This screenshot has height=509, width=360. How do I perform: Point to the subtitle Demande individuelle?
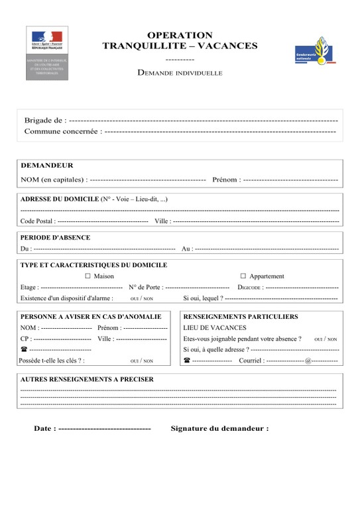pos(180,72)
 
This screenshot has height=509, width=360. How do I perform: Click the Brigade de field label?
pos(44,121)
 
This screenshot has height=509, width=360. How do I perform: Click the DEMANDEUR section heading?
pos(47,166)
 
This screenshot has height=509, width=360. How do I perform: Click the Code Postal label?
pos(37,221)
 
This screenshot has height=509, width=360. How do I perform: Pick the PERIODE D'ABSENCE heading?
pos(55,237)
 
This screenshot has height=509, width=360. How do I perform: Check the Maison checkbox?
pos(88,276)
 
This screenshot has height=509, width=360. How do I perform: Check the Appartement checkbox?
pos(243,276)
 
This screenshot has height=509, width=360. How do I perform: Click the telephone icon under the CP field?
pos(24,349)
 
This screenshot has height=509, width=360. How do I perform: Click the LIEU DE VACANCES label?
pos(215,327)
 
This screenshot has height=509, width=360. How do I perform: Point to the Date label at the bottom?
pos(44,429)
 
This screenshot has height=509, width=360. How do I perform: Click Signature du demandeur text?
pos(219,429)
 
